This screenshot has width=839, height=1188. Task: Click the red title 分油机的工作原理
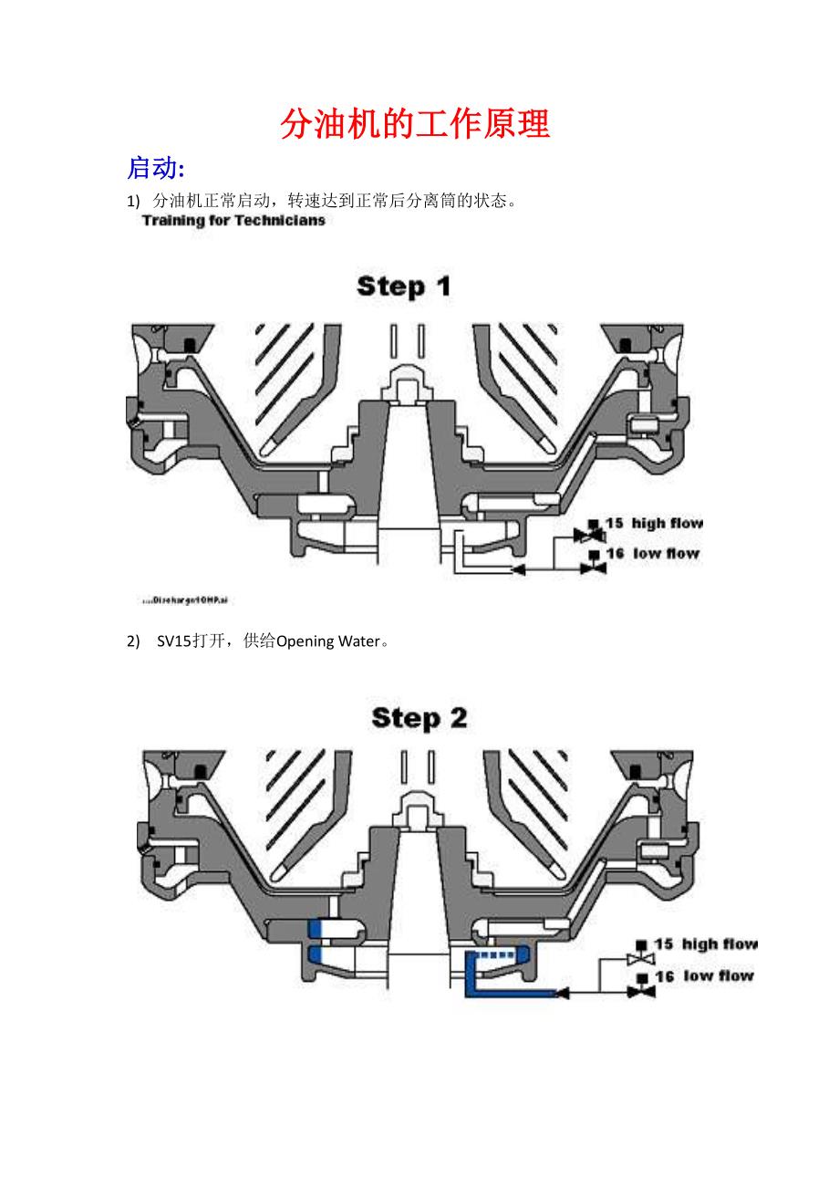tap(415, 124)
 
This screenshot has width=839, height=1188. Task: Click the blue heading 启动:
tap(156, 169)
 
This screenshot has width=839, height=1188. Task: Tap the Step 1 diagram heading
tap(404, 287)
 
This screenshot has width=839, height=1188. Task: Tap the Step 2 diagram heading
tap(419, 718)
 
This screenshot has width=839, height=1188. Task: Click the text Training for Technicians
tap(233, 221)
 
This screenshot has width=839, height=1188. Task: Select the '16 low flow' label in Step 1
tap(652, 553)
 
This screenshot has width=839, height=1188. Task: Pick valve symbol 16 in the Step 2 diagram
tap(642, 986)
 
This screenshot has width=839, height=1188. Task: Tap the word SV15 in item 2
tap(173, 641)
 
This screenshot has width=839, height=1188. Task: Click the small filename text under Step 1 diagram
tap(183, 601)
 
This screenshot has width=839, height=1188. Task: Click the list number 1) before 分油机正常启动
tap(133, 201)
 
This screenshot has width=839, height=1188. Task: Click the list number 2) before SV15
tap(133, 641)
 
